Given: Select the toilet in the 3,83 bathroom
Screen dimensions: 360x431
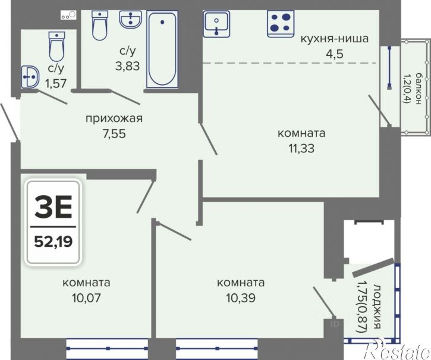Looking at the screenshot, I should pos(99,25).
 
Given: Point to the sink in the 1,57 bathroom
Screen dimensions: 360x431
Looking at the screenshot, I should pos(30,76).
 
